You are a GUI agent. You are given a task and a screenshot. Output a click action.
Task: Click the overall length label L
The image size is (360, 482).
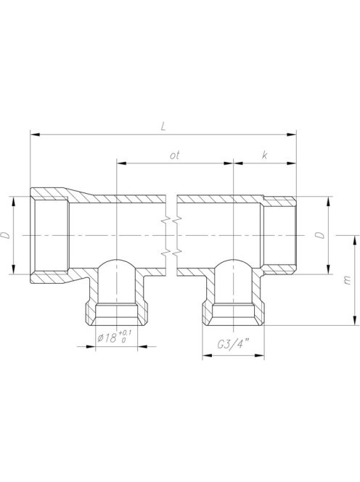point(165,126)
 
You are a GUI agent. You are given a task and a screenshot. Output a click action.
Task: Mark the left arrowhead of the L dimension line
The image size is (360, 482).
point(33,134)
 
